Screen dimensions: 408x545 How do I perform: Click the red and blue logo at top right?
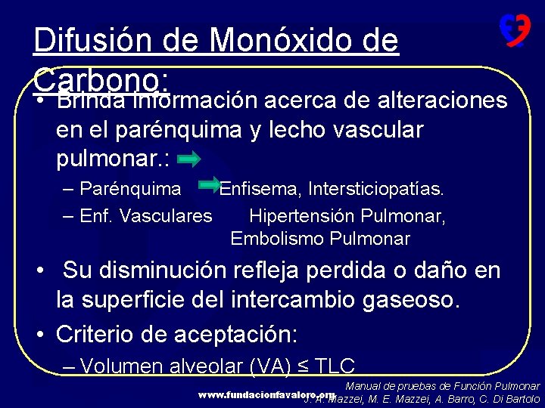point(514,31)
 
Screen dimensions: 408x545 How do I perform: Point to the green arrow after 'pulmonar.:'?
point(189,159)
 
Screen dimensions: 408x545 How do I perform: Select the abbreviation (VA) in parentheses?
point(269,366)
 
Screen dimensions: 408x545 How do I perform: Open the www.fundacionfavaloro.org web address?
point(266,394)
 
